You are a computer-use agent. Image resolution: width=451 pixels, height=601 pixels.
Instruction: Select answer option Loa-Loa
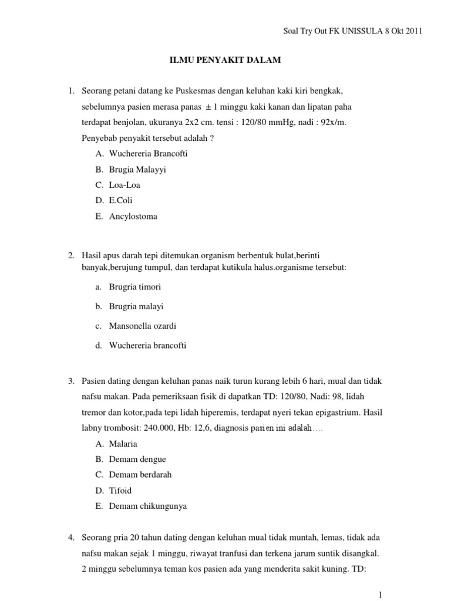click(124, 185)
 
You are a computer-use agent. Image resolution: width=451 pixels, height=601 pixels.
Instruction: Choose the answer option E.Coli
click(121, 201)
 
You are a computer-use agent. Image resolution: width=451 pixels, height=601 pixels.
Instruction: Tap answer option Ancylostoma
click(133, 217)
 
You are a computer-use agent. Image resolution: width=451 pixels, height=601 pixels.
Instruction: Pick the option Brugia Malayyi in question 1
click(137, 169)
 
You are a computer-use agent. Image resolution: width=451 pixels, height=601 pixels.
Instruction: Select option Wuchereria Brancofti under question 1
click(148, 153)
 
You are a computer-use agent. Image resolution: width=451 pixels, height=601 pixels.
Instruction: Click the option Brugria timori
click(134, 287)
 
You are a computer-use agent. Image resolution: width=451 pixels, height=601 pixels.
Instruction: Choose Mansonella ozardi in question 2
click(142, 326)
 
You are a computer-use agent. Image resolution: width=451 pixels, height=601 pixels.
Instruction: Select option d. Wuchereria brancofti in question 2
click(147, 346)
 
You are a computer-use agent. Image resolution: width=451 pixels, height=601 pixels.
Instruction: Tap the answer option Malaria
click(123, 443)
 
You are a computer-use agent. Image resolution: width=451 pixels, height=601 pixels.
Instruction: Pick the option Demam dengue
click(137, 459)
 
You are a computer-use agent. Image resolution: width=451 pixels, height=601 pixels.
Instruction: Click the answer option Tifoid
click(120, 490)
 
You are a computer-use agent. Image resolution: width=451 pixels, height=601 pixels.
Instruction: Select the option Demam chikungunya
click(147, 506)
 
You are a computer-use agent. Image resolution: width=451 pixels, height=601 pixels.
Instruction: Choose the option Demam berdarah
click(140, 475)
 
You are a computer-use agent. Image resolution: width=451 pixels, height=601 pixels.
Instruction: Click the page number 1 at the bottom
click(380, 595)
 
